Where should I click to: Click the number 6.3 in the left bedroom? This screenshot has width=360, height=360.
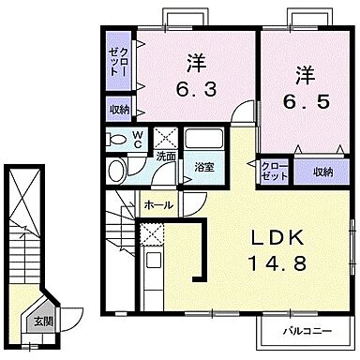click(x=195, y=91)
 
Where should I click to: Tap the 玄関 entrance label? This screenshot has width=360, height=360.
click(x=45, y=321)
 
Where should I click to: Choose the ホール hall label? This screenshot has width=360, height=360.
click(x=156, y=202)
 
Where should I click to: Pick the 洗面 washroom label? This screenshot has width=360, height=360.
click(x=165, y=157)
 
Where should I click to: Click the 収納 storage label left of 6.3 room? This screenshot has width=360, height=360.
click(x=119, y=110)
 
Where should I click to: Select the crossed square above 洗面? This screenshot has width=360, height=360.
click(x=165, y=135)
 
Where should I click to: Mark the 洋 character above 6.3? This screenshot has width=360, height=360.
click(x=195, y=63)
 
